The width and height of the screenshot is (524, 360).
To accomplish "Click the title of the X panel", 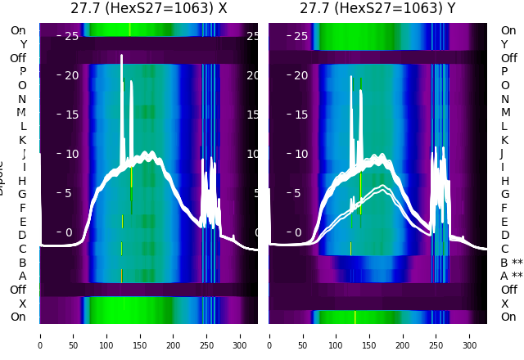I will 148,8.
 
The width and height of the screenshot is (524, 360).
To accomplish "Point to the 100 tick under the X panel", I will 106,335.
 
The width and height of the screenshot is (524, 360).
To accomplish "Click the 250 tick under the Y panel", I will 436,335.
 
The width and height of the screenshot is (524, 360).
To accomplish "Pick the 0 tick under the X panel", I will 40,335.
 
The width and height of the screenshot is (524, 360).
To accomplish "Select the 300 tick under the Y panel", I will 469,335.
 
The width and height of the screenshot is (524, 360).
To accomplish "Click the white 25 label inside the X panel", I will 71,36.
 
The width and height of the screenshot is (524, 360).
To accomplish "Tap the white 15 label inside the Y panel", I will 300,115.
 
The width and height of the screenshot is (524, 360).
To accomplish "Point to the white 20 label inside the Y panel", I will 300,75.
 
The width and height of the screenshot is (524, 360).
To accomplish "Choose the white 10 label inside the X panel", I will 71,154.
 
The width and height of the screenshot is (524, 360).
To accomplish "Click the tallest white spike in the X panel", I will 122,57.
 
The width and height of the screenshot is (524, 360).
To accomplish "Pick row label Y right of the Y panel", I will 504,44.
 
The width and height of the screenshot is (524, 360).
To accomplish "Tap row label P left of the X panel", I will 22,72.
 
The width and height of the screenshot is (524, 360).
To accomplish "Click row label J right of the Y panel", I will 501,154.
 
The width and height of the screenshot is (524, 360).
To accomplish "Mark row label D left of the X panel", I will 22,236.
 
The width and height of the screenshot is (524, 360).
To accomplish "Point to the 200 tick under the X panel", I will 174,335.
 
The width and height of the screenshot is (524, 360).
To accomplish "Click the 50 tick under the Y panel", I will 302,335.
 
